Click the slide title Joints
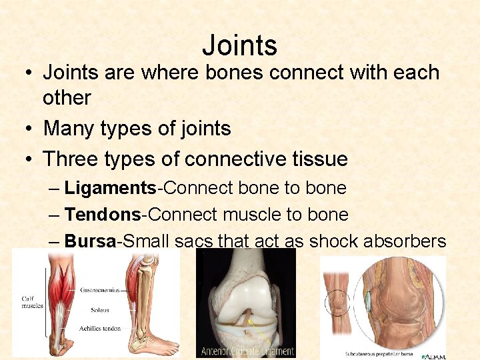pos(239,46)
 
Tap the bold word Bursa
pos(90,241)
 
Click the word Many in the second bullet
pos(68,127)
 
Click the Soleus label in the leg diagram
pos(99,310)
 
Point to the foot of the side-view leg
pos(161,347)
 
